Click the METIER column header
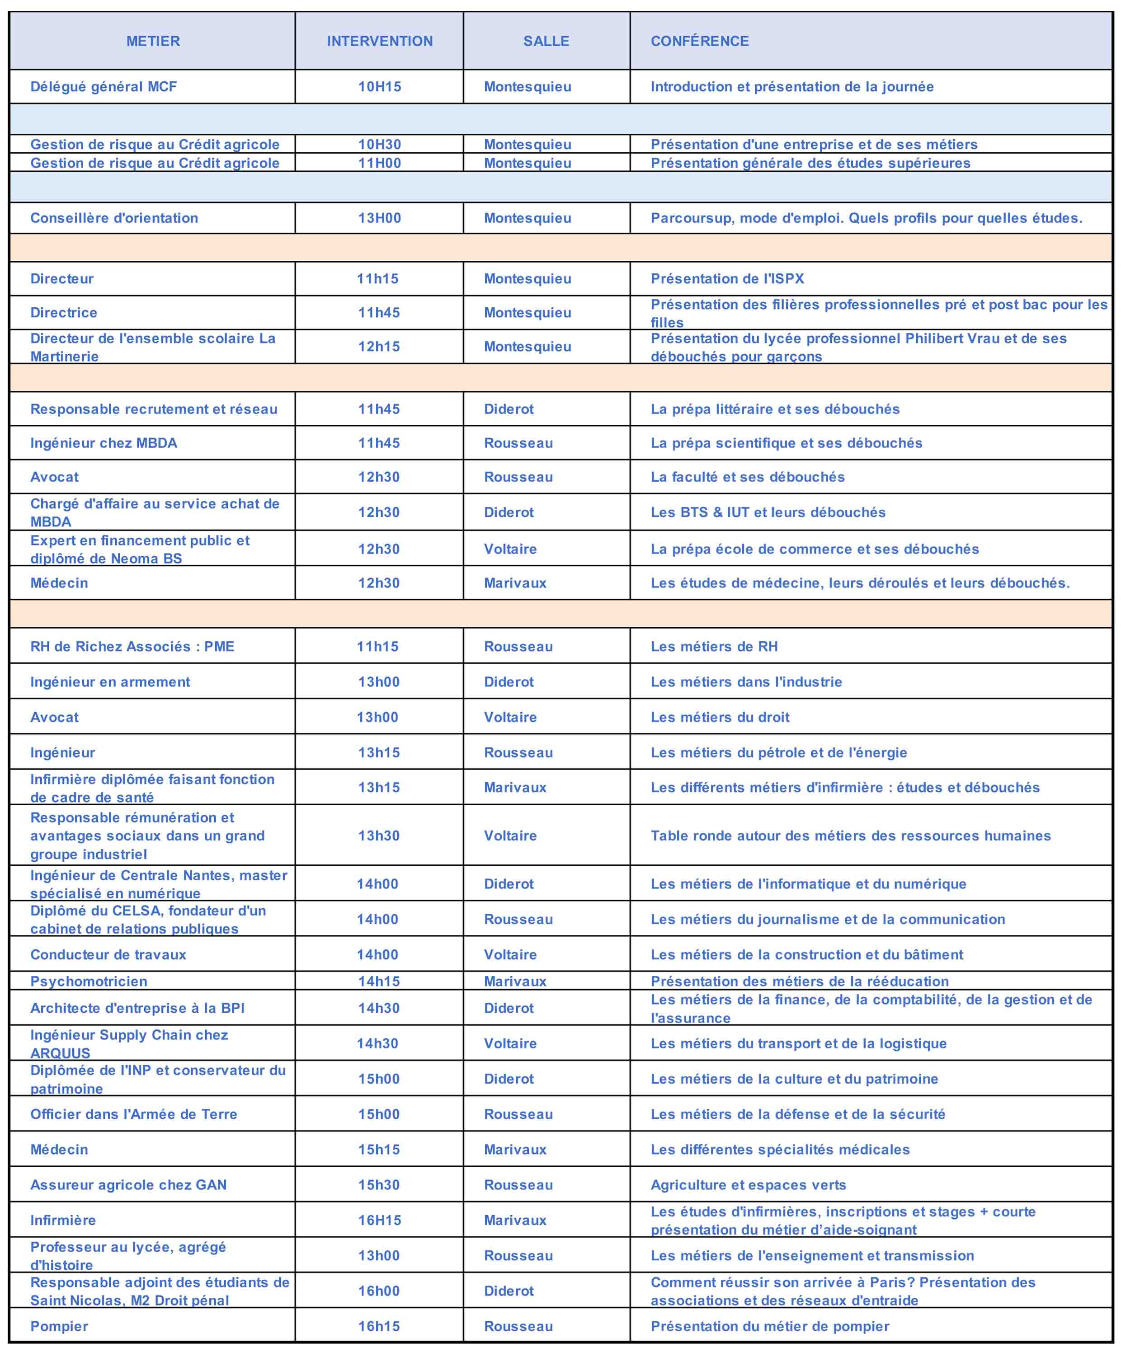coord(153,41)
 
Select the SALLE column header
coord(546,41)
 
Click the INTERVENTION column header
coord(380,41)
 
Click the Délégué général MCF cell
coord(104,87)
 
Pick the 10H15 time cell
coord(380,87)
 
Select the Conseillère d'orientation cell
coord(114,218)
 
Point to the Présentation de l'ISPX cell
coord(727,279)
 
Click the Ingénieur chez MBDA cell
coord(104,443)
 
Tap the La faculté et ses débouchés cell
coord(747,478)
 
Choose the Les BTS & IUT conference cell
coord(768,512)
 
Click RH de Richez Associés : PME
coord(132,647)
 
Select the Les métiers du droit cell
coord(720,717)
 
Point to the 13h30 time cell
coord(379,836)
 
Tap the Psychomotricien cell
coord(89,981)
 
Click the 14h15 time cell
coord(379,981)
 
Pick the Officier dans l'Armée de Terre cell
coord(134,1114)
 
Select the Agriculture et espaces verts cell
coord(749,1185)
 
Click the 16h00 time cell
coord(379,1291)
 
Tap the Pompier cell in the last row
coord(59,1326)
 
